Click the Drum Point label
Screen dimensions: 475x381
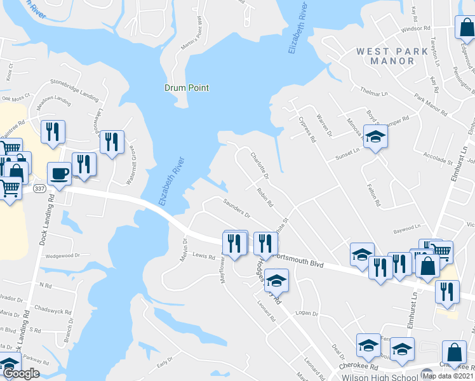187,88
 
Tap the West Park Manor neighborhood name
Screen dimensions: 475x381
385,56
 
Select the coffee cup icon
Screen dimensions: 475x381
59,173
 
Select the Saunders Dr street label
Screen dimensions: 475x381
237,208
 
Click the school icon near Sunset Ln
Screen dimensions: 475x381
375,138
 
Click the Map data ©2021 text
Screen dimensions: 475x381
446,376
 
